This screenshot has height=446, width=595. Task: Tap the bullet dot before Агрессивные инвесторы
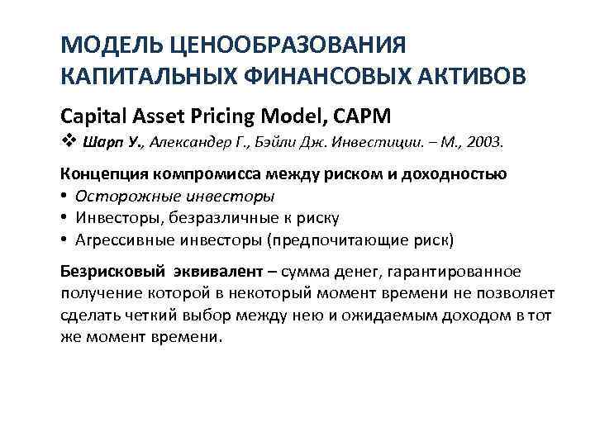[x=65, y=240]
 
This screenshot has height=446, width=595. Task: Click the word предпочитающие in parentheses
[x=350, y=240]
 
